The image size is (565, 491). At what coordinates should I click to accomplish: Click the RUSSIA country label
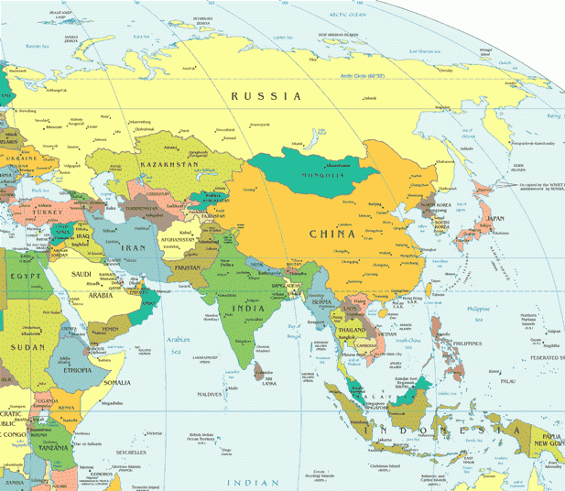[266, 95]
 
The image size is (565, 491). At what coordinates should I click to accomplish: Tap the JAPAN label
[494, 218]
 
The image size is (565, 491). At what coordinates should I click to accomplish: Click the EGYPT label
[21, 275]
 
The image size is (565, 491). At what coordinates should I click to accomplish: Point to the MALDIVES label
[210, 395]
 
